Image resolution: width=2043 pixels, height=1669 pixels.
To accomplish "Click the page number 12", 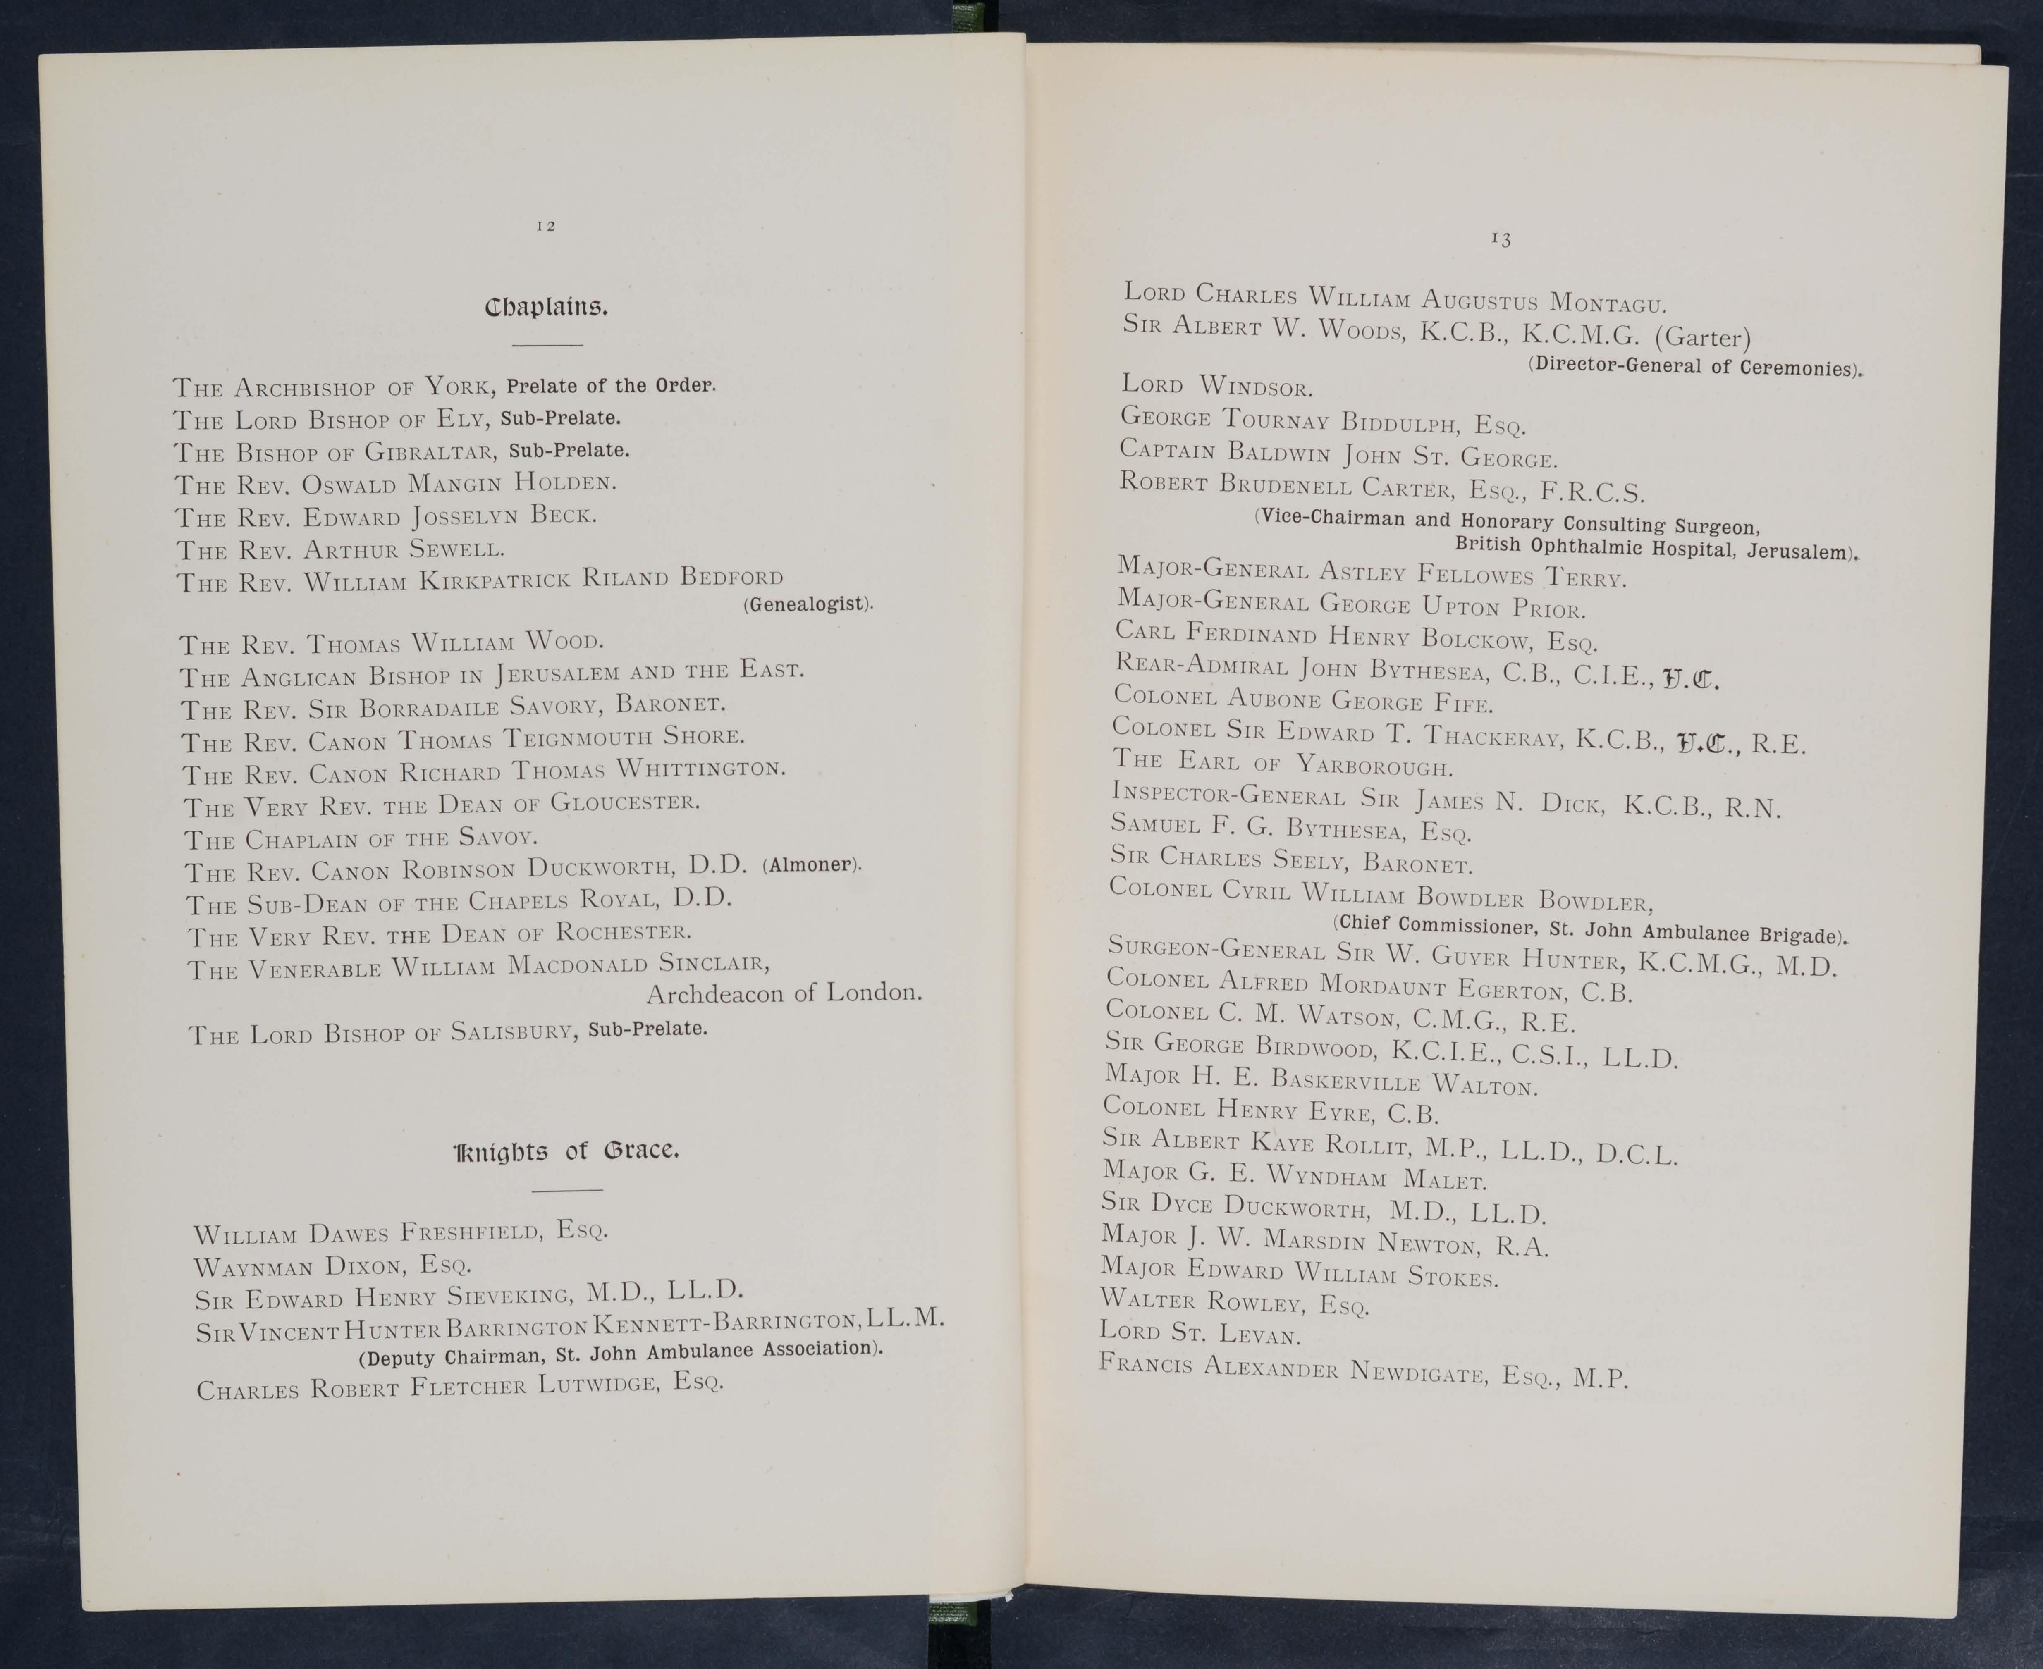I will [x=546, y=226].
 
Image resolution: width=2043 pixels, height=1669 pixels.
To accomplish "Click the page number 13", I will [x=1501, y=239].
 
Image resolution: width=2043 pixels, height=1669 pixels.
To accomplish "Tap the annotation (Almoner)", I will [x=811, y=864].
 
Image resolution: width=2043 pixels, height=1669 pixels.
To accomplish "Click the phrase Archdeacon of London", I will [x=784, y=992].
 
